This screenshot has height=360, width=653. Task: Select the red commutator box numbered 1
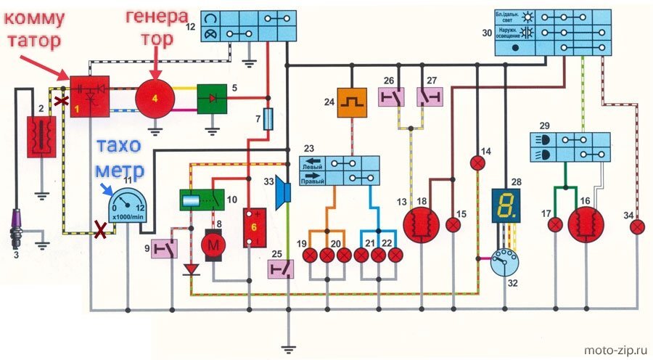pyautogui.click(x=89, y=97)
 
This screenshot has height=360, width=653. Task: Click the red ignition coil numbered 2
pyautogui.click(x=42, y=136)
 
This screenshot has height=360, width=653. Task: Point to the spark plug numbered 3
pyautogui.click(x=17, y=226)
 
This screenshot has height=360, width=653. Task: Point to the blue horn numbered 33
pyautogui.click(x=283, y=192)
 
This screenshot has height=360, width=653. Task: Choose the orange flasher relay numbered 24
pyautogui.click(x=351, y=103)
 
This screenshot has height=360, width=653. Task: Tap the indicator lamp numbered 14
pyautogui.click(x=479, y=163)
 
